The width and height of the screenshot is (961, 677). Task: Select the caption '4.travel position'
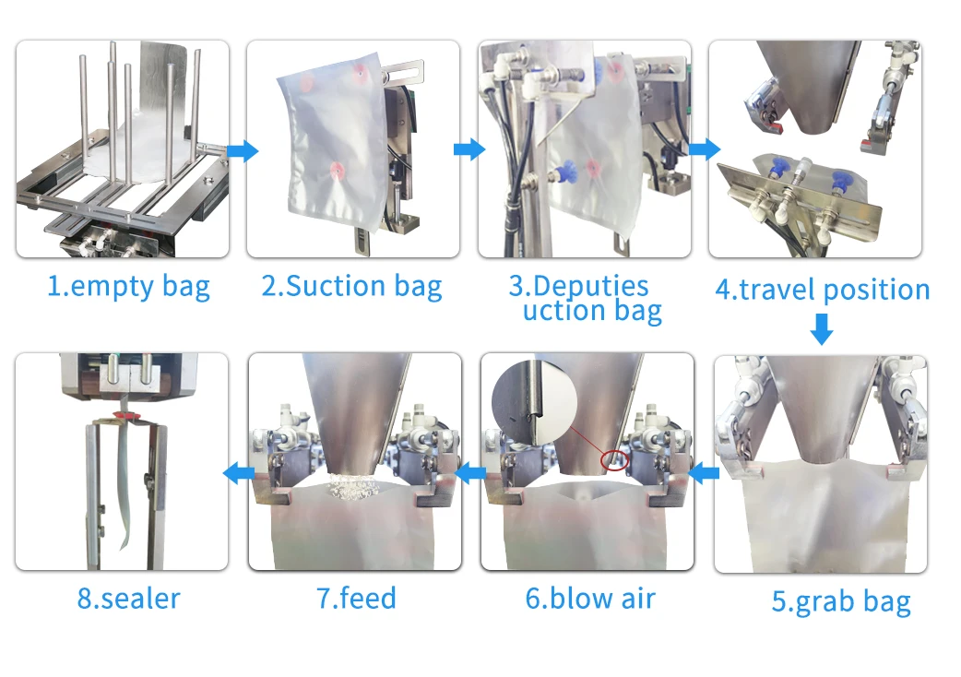pos(823,290)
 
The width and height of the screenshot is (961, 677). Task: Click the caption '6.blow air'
pos(590,598)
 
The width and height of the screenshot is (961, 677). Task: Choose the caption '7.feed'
pos(356,598)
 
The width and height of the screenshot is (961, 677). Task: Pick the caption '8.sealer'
pos(128,598)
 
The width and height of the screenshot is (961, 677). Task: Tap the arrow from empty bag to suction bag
pos(243,150)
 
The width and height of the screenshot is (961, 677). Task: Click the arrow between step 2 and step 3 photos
pos(469,150)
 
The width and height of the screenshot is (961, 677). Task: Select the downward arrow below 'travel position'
pos(821,328)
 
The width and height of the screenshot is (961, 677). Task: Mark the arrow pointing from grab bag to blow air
pos(705,474)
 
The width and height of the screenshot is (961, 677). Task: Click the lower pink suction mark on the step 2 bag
pos(338,170)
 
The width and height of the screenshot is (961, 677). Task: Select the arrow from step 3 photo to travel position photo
pos(705,150)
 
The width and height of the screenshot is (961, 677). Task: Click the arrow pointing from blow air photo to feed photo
pos(472,474)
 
